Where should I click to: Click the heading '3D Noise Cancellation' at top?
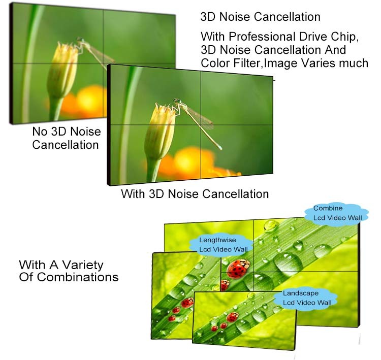260,17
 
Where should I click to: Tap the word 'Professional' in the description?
262,37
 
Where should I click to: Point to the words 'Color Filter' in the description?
232,63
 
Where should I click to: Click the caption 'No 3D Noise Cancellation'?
67,138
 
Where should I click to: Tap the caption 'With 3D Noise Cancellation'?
195,194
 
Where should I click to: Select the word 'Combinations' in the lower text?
78,277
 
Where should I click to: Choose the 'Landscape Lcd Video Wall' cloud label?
306,299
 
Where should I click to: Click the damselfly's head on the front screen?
177,101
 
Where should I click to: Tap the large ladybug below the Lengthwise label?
238,269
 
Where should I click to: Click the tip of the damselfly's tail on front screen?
221,149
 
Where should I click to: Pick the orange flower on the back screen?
84,102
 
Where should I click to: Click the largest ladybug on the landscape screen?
232,317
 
